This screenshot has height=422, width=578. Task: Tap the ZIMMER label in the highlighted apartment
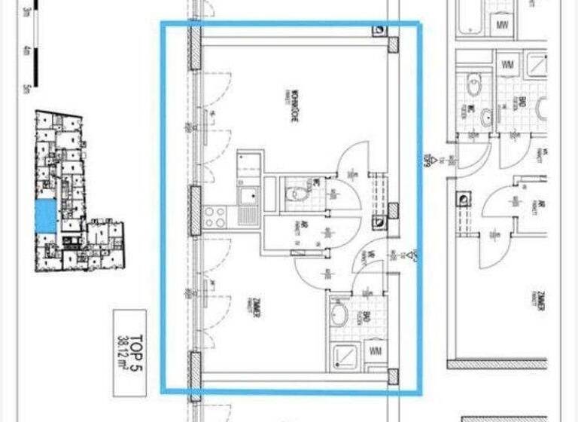(257, 308)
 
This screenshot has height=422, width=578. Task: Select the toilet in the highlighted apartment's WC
(299, 194)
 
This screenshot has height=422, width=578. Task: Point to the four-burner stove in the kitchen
(214, 217)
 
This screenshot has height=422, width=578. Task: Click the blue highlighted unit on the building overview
(46, 216)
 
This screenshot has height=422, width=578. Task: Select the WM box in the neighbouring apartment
(508, 65)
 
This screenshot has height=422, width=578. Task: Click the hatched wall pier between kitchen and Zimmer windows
(195, 209)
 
